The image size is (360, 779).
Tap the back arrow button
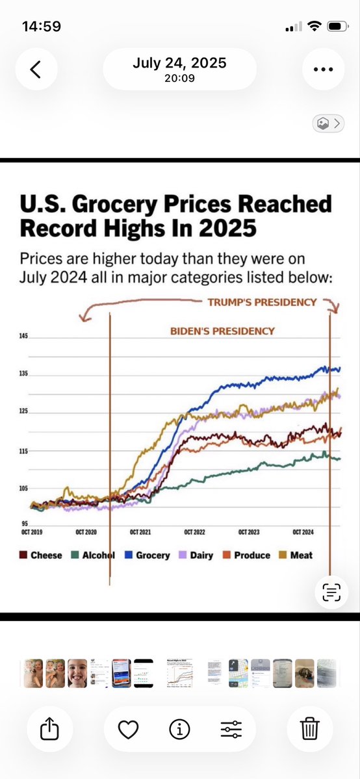click(x=35, y=69)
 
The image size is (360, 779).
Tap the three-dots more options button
click(x=323, y=69)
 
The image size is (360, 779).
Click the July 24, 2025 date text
click(x=179, y=63)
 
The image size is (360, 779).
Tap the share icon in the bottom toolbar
click(x=49, y=729)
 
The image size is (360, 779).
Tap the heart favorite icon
click(x=128, y=730)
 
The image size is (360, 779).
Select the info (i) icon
click(x=179, y=730)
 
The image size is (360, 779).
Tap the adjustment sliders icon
click(x=231, y=730)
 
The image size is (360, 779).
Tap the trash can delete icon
click(x=310, y=729)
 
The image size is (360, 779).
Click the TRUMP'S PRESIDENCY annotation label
click(x=262, y=302)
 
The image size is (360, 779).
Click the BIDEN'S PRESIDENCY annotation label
click(x=222, y=331)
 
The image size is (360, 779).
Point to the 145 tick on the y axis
click(x=24, y=337)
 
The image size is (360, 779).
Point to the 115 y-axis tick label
click(x=24, y=451)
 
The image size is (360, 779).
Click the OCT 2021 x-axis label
click(x=140, y=533)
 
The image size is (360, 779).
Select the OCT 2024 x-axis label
click(x=303, y=533)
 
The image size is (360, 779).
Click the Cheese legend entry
click(x=41, y=556)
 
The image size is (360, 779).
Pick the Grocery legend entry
click(x=147, y=556)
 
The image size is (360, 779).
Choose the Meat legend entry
click(x=296, y=556)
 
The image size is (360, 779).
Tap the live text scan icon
click(x=331, y=592)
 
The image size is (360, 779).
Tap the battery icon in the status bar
click(x=338, y=27)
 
